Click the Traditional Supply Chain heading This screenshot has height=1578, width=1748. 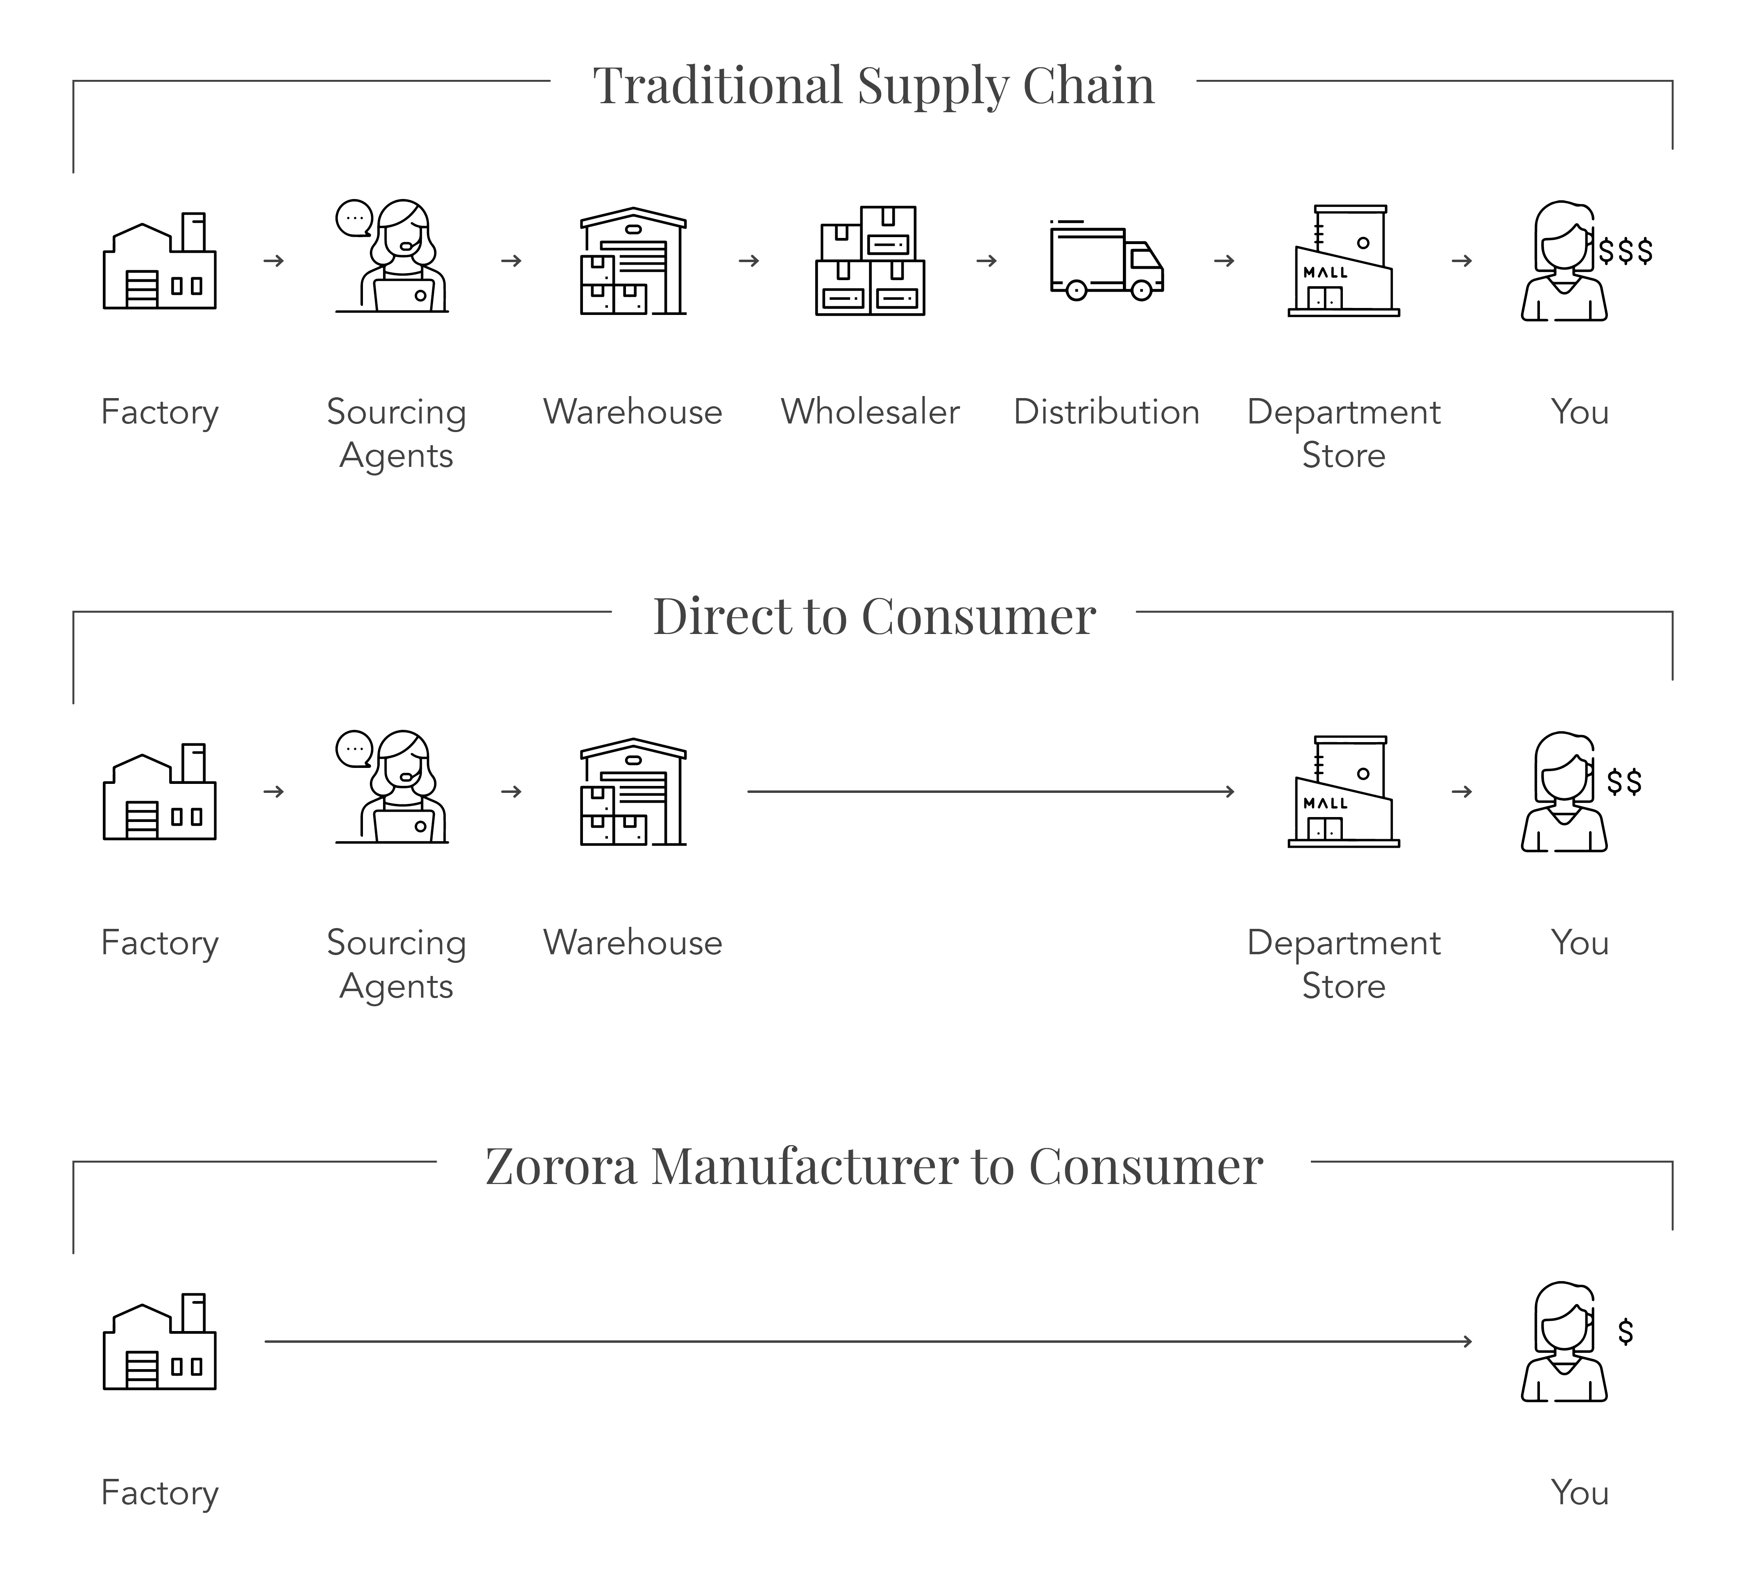click(873, 85)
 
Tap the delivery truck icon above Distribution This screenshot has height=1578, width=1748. click(1106, 260)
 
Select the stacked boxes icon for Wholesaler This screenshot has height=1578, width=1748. click(870, 260)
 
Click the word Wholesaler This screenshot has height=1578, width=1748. click(870, 412)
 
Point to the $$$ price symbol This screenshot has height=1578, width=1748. click(1626, 251)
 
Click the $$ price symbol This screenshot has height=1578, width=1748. click(1624, 782)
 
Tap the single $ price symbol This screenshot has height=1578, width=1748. click(1626, 1332)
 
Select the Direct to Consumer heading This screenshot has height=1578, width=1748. click(873, 616)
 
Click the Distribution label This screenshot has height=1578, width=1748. click(1106, 412)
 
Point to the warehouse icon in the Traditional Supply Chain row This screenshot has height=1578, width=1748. click(633, 260)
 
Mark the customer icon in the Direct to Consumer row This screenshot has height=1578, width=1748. click(1563, 792)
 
